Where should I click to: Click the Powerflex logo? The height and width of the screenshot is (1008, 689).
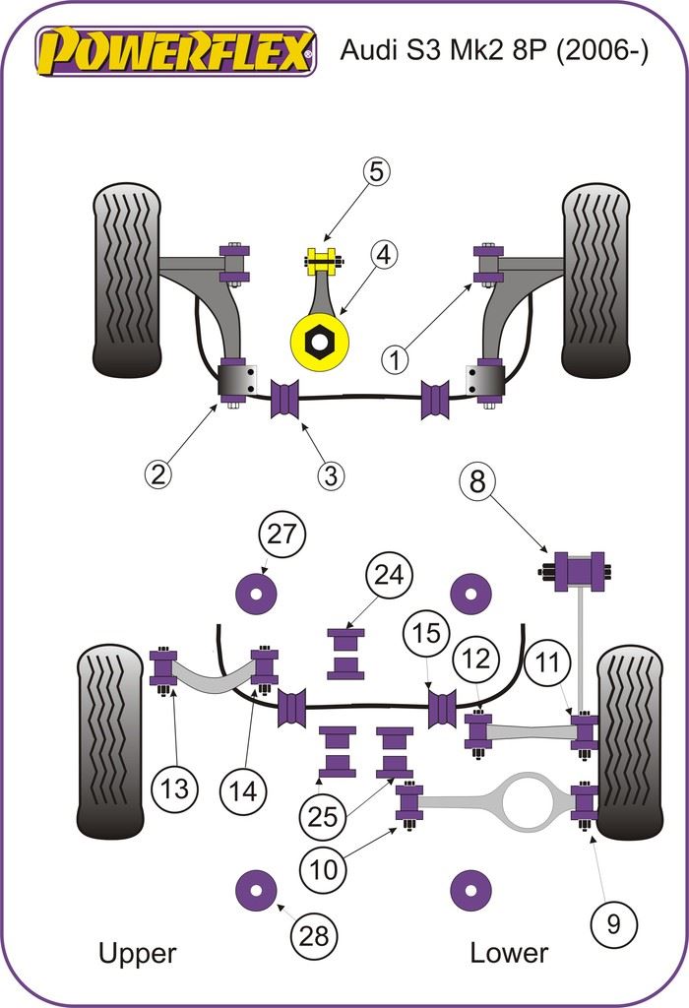(x=176, y=51)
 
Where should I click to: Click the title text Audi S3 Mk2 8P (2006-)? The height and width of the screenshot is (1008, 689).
(x=494, y=52)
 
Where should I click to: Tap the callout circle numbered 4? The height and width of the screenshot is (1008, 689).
(x=383, y=256)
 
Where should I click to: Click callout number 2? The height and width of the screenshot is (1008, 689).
(x=157, y=474)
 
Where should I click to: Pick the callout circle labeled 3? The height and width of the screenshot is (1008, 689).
(x=331, y=476)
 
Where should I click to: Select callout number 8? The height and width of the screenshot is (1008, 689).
(x=477, y=482)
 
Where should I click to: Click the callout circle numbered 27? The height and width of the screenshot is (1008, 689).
(x=282, y=535)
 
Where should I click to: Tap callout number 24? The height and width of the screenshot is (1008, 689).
(x=390, y=576)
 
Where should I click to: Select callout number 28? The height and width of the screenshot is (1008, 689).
(x=313, y=936)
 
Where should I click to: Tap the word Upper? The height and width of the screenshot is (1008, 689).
(x=137, y=953)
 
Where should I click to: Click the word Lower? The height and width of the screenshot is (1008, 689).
(x=508, y=953)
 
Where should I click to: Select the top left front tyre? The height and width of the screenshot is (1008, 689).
(x=126, y=280)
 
